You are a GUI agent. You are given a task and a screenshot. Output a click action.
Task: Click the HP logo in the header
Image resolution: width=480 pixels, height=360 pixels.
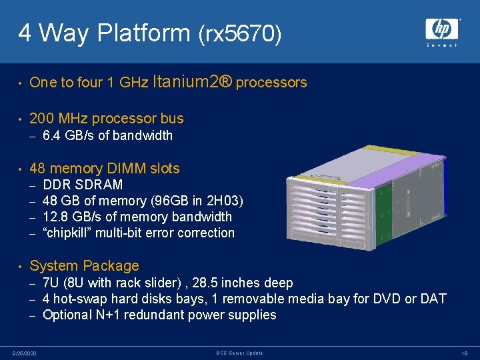click(442, 31)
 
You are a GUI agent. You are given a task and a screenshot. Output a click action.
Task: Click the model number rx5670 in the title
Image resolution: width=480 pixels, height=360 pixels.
click(240, 33)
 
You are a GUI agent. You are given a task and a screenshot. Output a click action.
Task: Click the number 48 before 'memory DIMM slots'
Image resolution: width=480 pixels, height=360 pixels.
click(38, 169)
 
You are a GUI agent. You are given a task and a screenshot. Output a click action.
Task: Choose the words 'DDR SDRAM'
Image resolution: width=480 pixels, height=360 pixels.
click(83, 185)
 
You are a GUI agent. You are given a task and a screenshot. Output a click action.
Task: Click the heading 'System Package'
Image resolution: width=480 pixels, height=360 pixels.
click(85, 266)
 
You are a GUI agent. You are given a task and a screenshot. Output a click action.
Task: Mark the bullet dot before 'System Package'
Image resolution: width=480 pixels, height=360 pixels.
click(21, 266)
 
